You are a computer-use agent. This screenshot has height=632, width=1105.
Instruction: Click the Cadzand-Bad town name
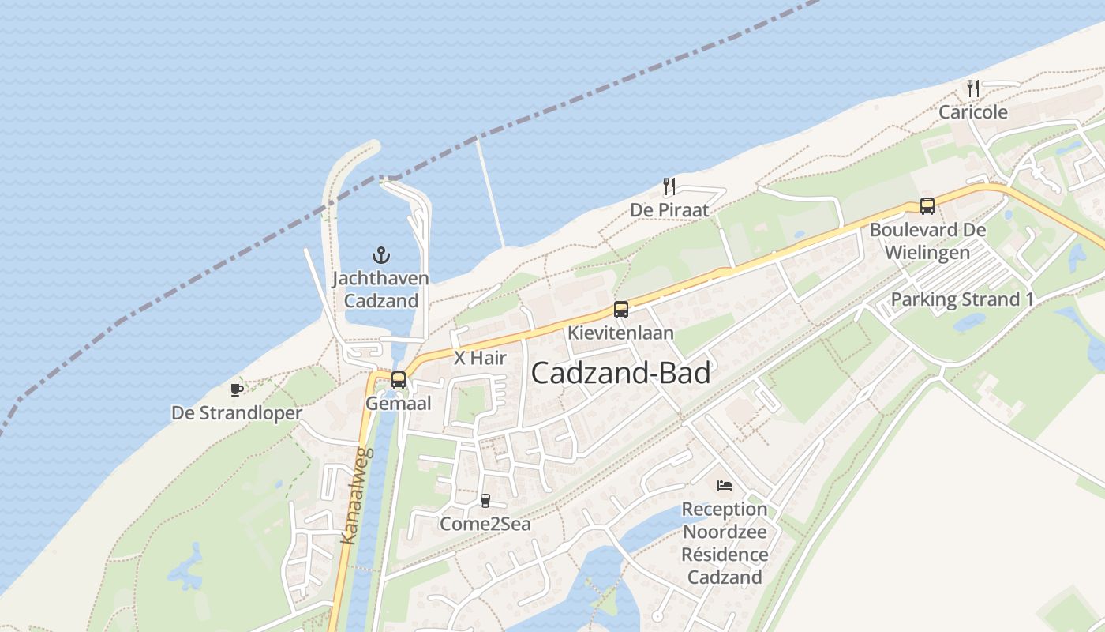coord(620,373)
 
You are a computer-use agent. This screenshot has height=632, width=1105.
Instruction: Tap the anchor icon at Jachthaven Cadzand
coord(381,255)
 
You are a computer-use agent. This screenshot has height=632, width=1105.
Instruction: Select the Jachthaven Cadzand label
coord(380,290)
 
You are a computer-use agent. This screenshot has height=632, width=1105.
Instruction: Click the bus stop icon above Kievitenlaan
coord(621,310)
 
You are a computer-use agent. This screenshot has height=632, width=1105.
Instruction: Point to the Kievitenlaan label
coord(621,333)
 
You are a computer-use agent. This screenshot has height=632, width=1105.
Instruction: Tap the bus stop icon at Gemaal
coord(399,380)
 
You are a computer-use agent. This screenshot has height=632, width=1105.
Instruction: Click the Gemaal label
coord(399,404)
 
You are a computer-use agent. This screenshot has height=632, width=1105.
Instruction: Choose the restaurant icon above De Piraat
coord(669,186)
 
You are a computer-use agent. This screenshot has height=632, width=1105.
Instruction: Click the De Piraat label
coord(669,210)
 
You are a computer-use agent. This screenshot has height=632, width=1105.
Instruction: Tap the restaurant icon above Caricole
coord(973,88)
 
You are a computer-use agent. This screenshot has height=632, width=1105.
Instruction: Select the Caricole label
coord(973,112)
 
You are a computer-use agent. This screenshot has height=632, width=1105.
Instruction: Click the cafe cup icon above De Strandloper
coord(236,389)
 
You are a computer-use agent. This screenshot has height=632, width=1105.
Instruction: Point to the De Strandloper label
coord(237,414)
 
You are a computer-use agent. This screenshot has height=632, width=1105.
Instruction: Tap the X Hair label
coord(480,358)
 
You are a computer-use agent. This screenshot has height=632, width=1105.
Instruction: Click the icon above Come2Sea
coord(485,500)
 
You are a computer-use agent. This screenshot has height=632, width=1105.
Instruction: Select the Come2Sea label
coord(485,524)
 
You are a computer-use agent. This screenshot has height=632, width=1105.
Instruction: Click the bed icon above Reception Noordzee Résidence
coord(725,485)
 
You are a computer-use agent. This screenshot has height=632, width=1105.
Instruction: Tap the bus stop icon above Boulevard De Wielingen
coord(927,206)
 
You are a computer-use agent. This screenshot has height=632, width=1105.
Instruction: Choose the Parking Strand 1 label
coord(962,299)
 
